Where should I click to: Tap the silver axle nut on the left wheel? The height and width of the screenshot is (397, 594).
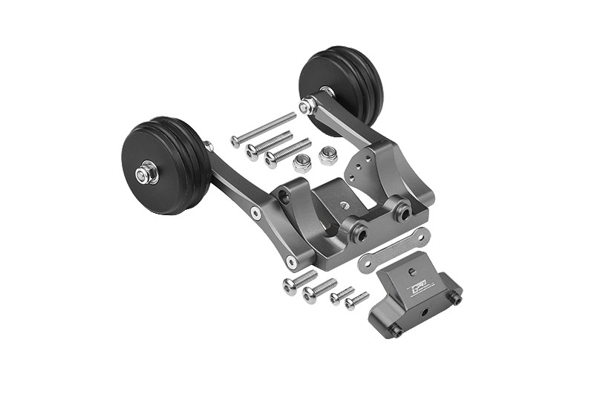[x=145, y=174]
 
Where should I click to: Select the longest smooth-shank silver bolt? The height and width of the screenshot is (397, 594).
[x=263, y=129]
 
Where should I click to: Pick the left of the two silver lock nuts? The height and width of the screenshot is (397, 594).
[x=301, y=163]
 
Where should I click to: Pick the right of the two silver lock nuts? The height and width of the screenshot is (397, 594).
[x=327, y=155]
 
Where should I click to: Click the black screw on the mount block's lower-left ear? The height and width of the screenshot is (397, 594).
[x=396, y=331]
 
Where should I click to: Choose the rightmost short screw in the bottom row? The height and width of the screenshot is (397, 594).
[x=356, y=301]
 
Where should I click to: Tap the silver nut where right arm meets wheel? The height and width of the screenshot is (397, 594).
[x=306, y=107]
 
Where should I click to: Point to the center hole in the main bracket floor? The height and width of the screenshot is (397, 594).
[x=345, y=204]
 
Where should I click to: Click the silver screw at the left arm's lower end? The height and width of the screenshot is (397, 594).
[x=292, y=263]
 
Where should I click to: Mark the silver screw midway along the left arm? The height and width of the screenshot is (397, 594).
[x=255, y=214]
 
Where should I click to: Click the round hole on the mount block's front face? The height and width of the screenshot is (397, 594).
[x=424, y=312]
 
